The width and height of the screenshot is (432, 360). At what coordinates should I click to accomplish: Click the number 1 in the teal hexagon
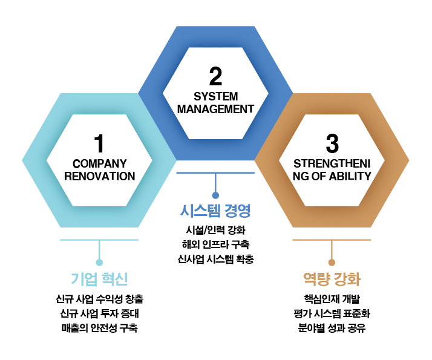(x=99, y=144)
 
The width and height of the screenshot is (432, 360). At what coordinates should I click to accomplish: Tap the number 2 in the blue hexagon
(x=215, y=77)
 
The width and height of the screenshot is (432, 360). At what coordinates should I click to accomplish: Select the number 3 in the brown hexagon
(x=332, y=144)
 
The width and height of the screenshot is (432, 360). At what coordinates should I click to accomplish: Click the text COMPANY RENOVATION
(x=99, y=170)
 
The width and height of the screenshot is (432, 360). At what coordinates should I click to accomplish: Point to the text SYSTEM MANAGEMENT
(x=215, y=103)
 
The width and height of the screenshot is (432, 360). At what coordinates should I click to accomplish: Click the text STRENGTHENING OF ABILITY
(x=332, y=170)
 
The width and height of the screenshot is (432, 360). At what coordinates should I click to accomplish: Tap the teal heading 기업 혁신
(x=99, y=279)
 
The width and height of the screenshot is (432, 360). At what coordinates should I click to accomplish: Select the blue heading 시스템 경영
(x=215, y=211)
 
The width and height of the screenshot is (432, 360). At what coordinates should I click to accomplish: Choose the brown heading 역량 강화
(x=332, y=279)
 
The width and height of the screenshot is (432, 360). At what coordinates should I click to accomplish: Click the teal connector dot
(x=99, y=263)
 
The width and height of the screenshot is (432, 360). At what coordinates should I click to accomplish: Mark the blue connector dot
(x=215, y=195)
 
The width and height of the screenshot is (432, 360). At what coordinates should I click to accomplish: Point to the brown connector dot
(x=332, y=263)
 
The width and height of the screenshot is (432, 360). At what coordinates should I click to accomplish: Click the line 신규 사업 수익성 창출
(x=99, y=299)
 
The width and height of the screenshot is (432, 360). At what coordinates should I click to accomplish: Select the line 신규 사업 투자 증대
(x=99, y=313)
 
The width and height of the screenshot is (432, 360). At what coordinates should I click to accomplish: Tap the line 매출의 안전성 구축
(x=99, y=329)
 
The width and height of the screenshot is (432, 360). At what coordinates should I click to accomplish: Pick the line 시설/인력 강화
(x=215, y=231)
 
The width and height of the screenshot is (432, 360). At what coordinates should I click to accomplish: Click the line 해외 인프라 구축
(x=215, y=245)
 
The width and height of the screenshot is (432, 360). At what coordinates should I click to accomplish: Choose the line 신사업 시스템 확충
(x=215, y=260)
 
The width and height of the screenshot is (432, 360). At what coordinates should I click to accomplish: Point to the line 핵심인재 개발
(x=332, y=299)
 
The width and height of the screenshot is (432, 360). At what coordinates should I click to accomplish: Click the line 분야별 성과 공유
(x=332, y=329)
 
